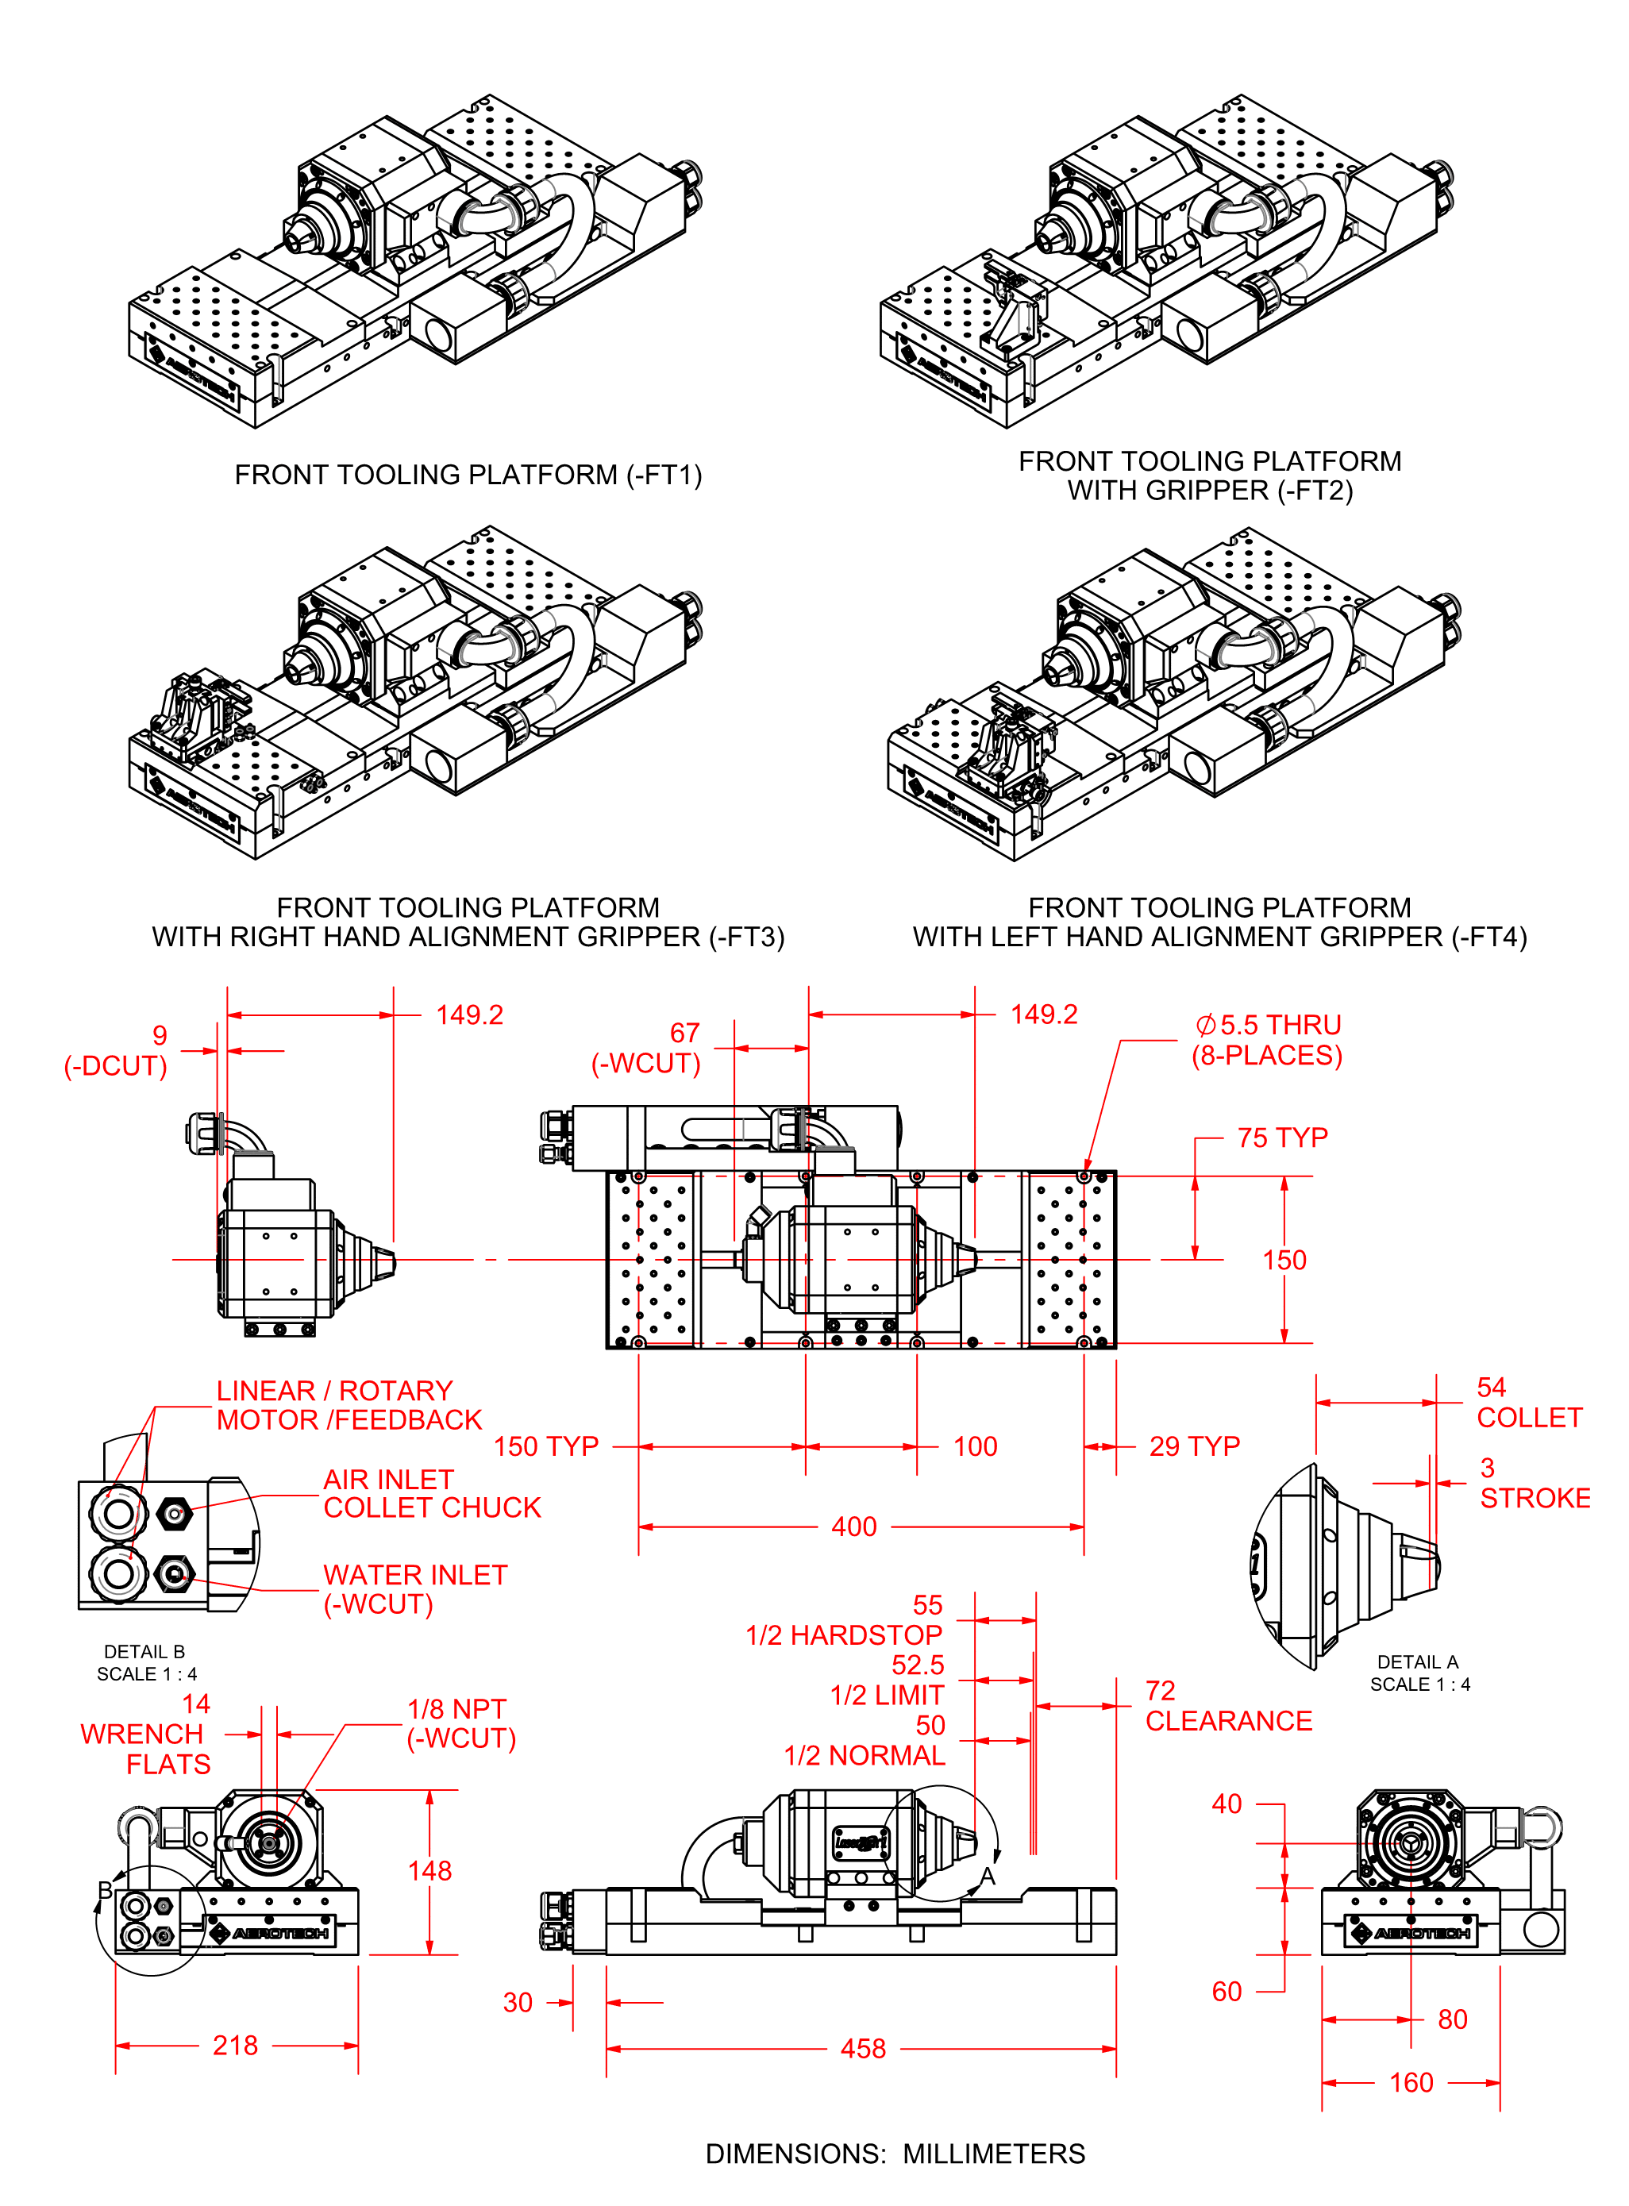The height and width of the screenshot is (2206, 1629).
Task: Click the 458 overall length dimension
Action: point(863,2048)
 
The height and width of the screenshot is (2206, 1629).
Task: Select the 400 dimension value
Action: point(854,1526)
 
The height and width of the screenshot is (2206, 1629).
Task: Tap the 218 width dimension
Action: point(236,2046)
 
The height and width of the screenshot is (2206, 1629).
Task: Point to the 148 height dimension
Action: point(430,1871)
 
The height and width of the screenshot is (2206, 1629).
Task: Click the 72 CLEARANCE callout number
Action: point(1161,1692)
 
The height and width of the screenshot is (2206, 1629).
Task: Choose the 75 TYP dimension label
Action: point(1282,1138)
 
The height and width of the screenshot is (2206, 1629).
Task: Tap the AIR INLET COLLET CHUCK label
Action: point(432,1493)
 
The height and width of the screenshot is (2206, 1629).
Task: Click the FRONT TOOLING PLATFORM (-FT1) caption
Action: point(468,475)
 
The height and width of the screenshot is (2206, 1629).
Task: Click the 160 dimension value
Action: point(1411,2083)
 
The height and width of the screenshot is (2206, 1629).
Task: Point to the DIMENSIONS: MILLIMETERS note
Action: point(895,2154)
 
